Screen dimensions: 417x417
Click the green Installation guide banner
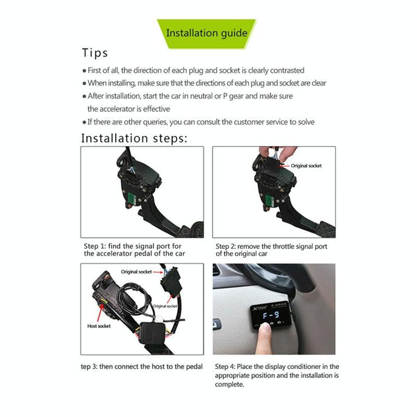click(207, 33)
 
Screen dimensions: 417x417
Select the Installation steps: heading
click(134, 138)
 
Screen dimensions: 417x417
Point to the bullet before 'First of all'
click(85, 71)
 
